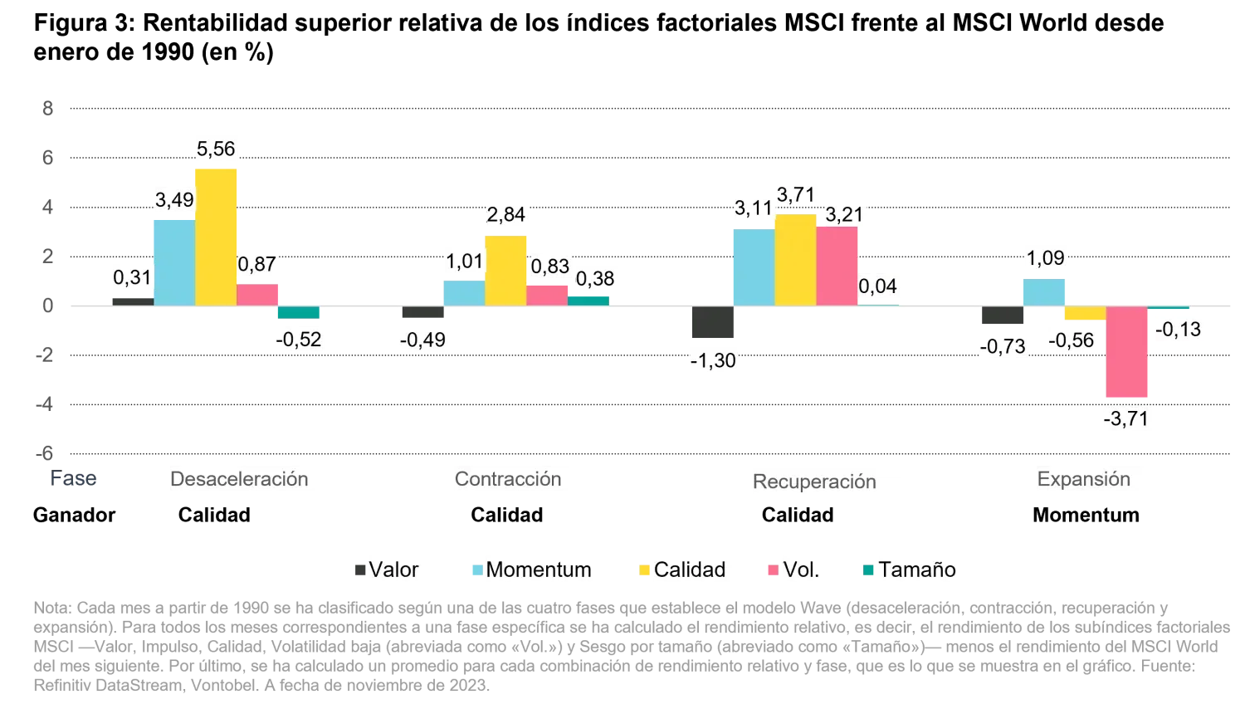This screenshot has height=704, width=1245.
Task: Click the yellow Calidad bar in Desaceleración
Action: pyautogui.click(x=216, y=237)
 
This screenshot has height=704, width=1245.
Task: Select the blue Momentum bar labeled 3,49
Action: pyautogui.click(x=173, y=262)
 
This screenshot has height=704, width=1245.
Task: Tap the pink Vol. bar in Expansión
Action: pyautogui.click(x=1125, y=352)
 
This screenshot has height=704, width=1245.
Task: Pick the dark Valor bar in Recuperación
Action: pyautogui.click(x=713, y=322)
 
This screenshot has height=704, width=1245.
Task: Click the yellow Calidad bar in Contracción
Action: pyautogui.click(x=506, y=270)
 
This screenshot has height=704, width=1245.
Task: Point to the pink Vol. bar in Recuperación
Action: pyautogui.click(x=837, y=266)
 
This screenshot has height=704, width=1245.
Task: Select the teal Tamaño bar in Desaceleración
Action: pyautogui.click(x=297, y=312)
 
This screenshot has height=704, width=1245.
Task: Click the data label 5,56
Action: pyautogui.click(x=215, y=149)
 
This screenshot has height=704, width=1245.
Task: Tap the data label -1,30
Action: pyautogui.click(x=714, y=360)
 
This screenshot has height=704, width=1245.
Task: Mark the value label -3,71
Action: pyautogui.click(x=1126, y=418)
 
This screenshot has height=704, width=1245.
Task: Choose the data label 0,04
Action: pyautogui.click(x=877, y=286)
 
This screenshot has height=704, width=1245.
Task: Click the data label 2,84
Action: pyautogui.click(x=506, y=214)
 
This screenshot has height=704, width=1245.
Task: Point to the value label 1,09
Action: pyautogui.click(x=1045, y=258)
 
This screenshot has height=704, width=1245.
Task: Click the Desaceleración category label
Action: pyautogui.click(x=240, y=479)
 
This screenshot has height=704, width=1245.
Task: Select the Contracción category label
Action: pyautogui.click(x=509, y=479)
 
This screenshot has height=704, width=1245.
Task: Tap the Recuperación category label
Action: pyautogui.click(x=815, y=482)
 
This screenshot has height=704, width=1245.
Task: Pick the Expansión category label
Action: pyautogui.click(x=1084, y=479)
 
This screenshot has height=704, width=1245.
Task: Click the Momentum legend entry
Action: pyautogui.click(x=539, y=570)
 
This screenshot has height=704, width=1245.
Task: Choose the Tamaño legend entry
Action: pyautogui.click(x=917, y=570)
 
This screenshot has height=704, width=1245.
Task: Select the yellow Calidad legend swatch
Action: pyautogui.click(x=644, y=570)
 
